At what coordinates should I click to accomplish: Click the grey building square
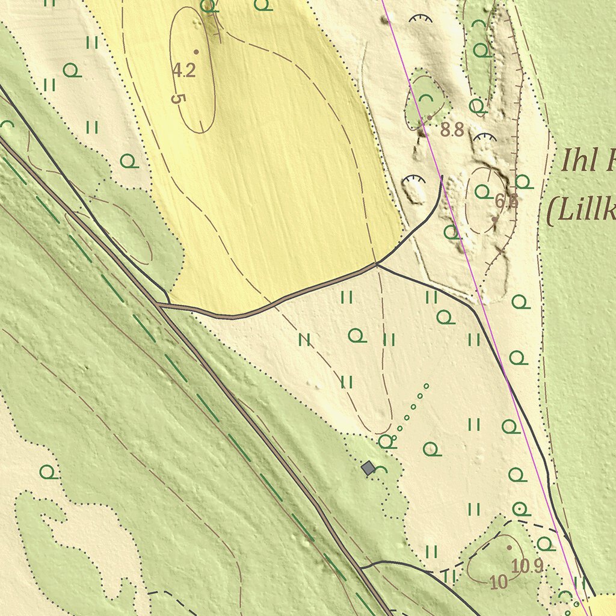click(x=368, y=467)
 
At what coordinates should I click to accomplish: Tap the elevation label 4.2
click(x=184, y=70)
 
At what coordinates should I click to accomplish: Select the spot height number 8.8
click(x=452, y=129)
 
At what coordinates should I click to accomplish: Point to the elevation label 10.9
click(x=528, y=565)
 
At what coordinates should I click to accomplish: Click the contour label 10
click(x=498, y=582)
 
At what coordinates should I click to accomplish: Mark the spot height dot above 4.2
click(x=196, y=52)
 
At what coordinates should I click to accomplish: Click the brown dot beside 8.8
click(x=430, y=117)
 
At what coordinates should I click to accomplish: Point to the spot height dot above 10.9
click(x=509, y=548)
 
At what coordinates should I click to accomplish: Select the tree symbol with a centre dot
click(x=522, y=509)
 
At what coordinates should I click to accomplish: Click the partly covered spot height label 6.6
click(x=507, y=202)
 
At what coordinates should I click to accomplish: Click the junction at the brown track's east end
click(x=377, y=264)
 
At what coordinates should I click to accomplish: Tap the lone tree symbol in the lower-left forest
click(x=48, y=471)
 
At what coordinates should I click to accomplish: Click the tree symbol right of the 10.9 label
click(x=545, y=544)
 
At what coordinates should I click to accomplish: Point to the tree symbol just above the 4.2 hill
click(x=208, y=6)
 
